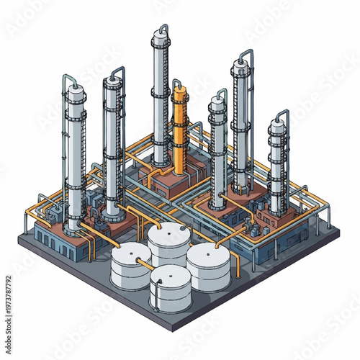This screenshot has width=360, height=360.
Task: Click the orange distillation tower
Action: click(x=179, y=130)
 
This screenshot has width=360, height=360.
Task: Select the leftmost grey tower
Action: click(x=75, y=158)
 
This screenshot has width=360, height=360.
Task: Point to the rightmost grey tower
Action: click(x=277, y=166)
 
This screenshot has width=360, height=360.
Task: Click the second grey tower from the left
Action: click(x=113, y=144)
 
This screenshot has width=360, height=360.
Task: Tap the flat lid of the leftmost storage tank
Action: click(x=131, y=253)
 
